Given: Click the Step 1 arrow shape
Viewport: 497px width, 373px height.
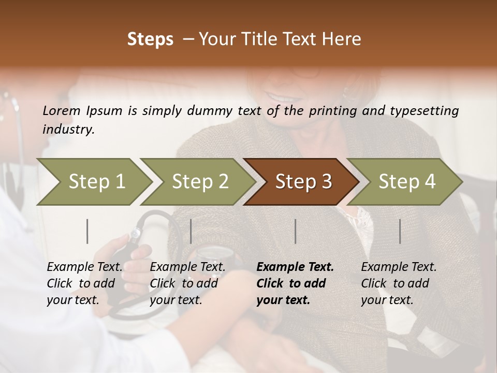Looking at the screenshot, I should pos(96,182).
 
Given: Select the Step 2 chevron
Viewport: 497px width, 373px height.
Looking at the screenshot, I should pos(199,182).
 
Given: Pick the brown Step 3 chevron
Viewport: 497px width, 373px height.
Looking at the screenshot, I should pos(303,182).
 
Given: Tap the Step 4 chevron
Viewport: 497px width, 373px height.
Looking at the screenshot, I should pos(406,182).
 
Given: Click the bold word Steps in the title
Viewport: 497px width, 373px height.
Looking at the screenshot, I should pos(150,39).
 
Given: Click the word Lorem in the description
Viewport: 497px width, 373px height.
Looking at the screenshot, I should pos(62,110).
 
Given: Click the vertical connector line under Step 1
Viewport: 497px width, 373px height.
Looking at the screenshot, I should pos(87,231).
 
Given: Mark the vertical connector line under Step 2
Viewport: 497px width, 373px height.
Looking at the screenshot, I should pos(191,231).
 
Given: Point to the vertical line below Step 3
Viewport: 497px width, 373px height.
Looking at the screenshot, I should pos(296,231).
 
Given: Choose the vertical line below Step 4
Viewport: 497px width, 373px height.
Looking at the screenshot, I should pos(400,231).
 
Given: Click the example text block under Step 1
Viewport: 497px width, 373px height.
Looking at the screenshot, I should pos(84,283).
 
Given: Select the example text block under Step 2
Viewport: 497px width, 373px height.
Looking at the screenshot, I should pos(187,283).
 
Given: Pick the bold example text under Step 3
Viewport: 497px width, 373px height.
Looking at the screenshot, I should pos(295,283).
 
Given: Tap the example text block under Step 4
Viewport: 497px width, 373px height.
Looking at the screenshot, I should pos(399,283).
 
